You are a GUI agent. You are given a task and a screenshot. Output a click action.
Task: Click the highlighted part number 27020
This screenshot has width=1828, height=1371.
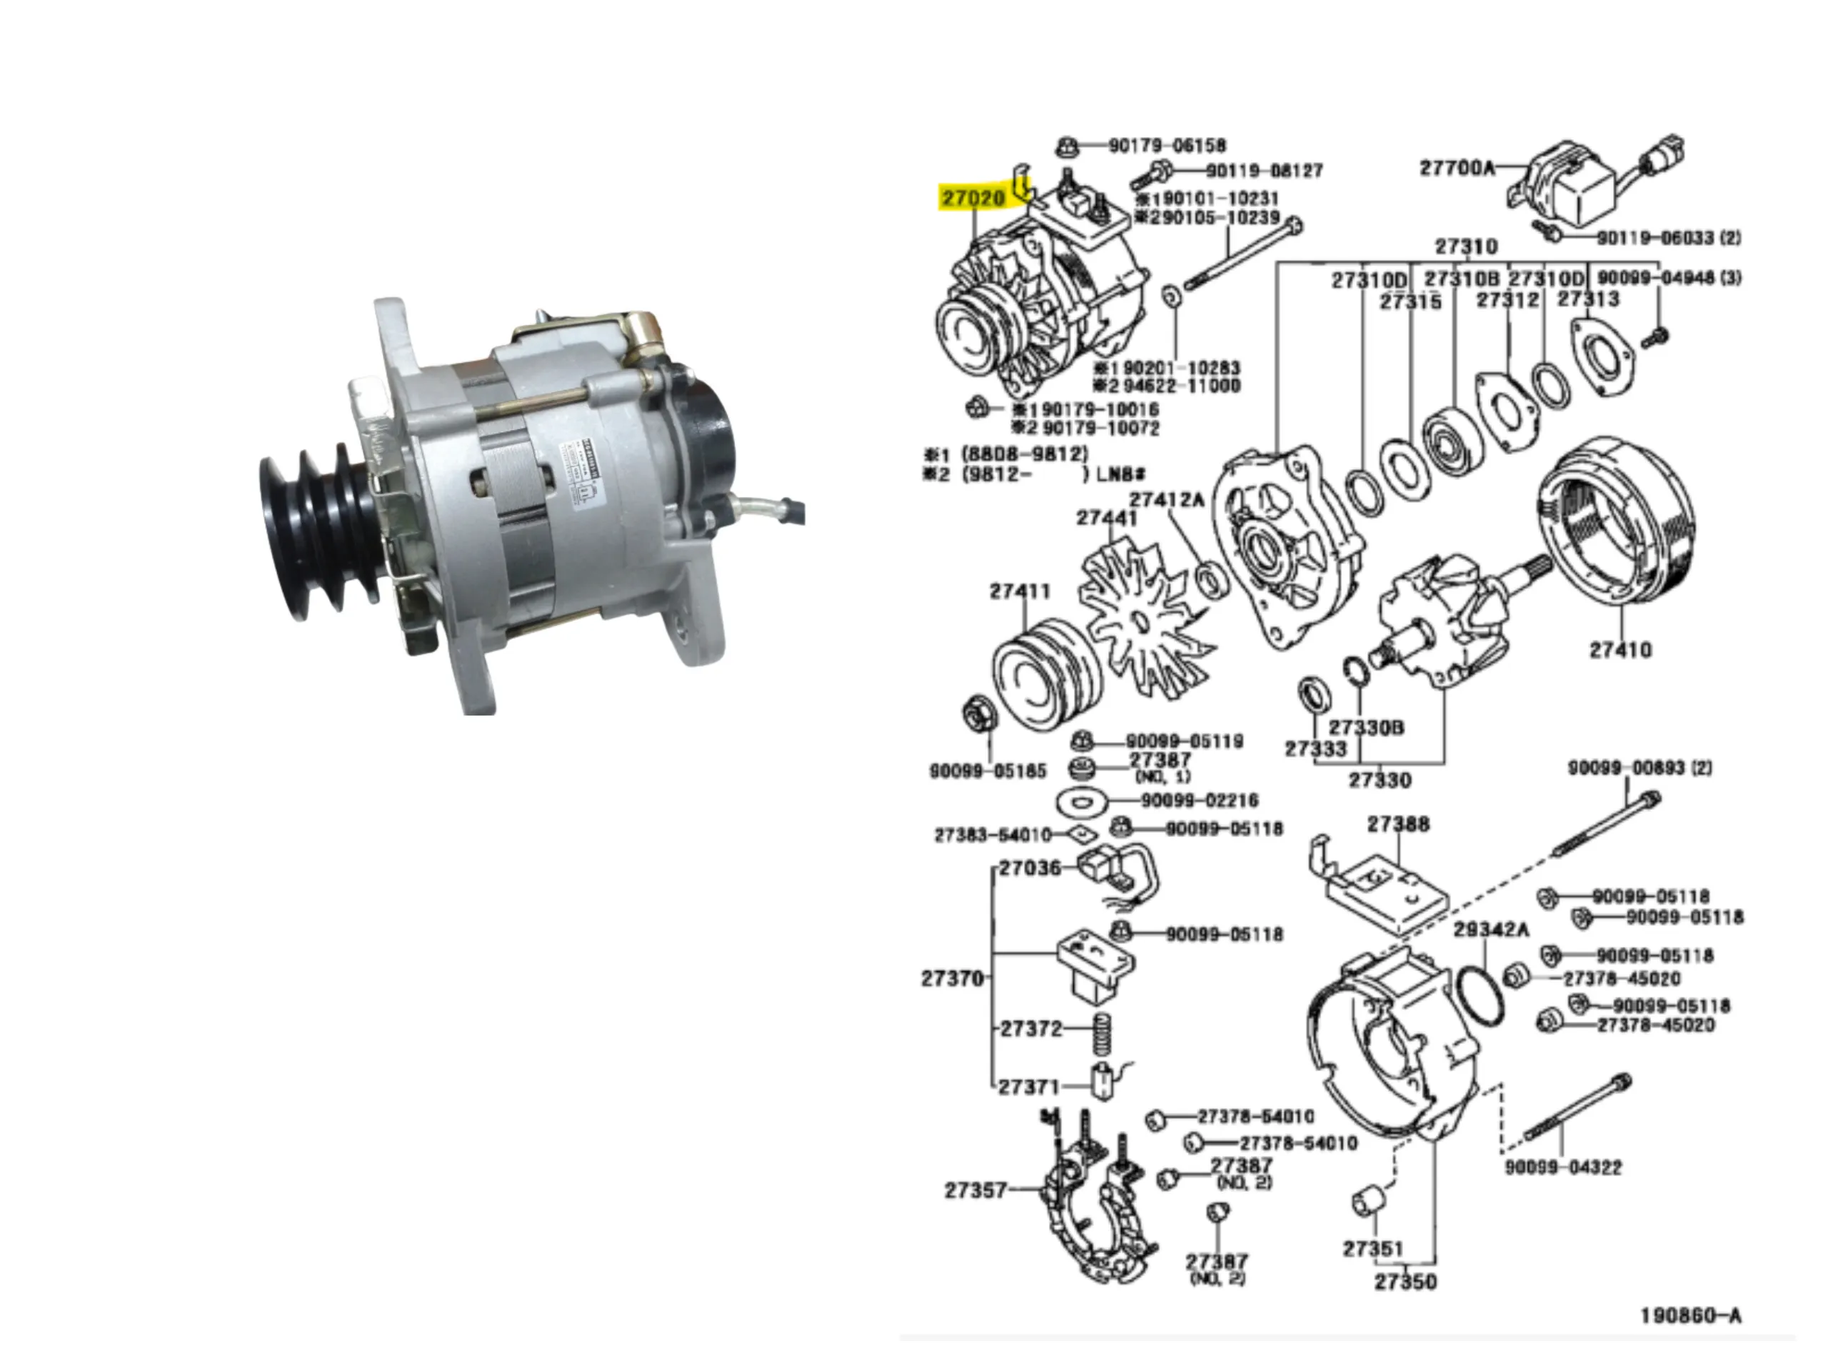(973, 199)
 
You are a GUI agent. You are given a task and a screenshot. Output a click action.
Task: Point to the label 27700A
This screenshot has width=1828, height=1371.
(1457, 168)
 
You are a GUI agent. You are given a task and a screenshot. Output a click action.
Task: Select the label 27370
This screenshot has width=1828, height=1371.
(952, 978)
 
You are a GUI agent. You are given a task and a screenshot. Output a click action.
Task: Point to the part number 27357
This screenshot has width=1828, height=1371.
(975, 1190)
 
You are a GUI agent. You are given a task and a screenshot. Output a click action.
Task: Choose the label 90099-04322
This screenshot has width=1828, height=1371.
(1562, 1167)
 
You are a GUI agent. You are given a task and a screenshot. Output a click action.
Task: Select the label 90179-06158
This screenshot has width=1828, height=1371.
(1167, 146)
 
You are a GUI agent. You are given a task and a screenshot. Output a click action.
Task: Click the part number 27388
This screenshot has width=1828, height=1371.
(1397, 824)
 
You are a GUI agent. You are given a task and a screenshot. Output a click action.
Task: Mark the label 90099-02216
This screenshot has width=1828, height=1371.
(1199, 800)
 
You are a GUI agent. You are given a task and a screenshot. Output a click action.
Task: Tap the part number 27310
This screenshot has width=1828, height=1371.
(1466, 246)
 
